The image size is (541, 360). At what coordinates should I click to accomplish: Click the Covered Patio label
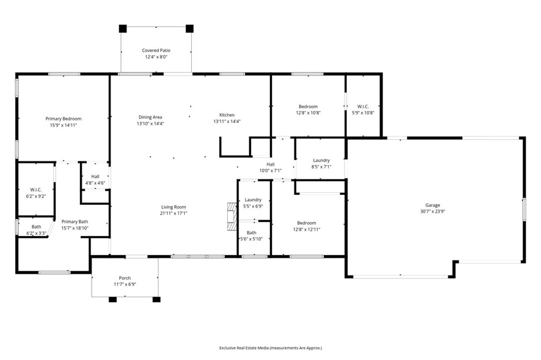coord(156,51)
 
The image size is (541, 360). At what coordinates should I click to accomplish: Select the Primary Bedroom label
coord(63,119)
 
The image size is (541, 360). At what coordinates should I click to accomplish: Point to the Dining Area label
coord(150,117)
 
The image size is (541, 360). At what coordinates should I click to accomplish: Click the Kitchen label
coord(227,115)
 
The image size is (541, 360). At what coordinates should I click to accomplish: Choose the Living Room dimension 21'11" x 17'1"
coord(173,213)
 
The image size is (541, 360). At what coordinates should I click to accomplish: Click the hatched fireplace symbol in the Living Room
coord(230,216)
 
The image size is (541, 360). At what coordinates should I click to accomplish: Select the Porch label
coord(125,278)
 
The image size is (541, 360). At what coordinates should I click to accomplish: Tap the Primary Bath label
coord(74,222)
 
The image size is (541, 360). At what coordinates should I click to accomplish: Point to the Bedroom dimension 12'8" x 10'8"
coord(308,112)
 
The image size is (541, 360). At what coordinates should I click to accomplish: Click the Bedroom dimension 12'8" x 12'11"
coord(306,229)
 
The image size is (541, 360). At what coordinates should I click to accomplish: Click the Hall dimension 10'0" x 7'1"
coord(270,170)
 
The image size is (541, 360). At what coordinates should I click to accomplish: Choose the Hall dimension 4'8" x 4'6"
coord(95,183)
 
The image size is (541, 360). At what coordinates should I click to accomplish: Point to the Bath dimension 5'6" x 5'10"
coord(251,239)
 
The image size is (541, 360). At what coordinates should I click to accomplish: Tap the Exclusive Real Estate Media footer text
coord(270,348)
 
